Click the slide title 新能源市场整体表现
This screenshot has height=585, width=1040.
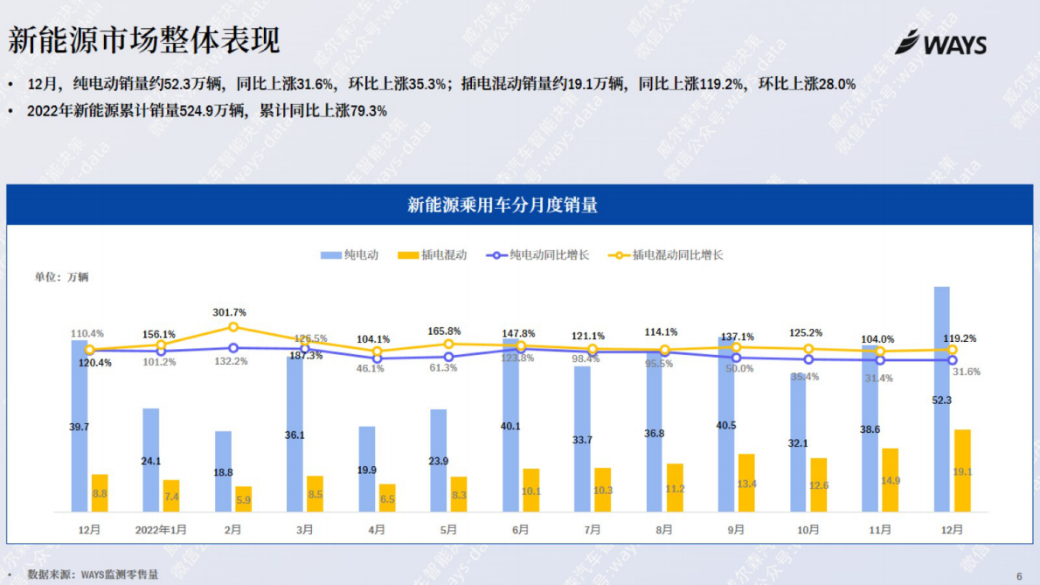[144, 40]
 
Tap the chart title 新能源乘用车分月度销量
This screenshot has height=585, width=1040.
[503, 205]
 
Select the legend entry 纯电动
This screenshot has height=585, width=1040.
[350, 255]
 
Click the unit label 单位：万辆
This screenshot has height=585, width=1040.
[61, 277]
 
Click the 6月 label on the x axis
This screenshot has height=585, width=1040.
[520, 530]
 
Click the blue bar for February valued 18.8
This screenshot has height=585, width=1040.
[223, 471]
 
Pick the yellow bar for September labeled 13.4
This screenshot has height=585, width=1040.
[745, 483]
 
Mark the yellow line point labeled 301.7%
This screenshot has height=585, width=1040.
[233, 327]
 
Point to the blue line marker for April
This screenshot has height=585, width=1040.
[377, 358]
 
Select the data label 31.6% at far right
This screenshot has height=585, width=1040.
[966, 372]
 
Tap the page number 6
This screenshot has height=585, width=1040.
[1019, 575]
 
